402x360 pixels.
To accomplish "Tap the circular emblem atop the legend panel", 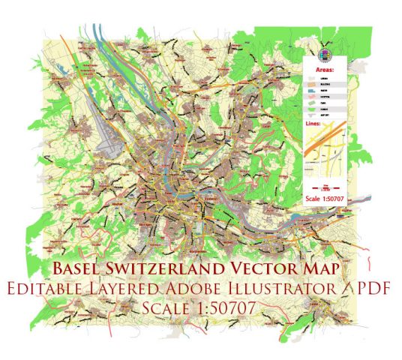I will pyautogui.click(x=324, y=52).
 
